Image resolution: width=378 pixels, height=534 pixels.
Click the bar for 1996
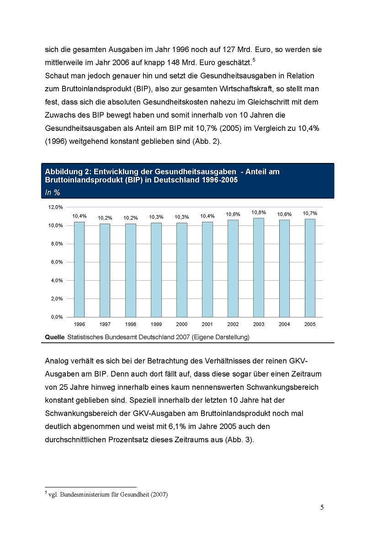click(x=79, y=269)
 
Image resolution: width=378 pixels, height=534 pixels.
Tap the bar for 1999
click(x=156, y=270)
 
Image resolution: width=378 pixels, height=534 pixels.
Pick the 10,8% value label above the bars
click(x=258, y=212)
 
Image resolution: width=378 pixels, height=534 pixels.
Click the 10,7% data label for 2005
click(x=309, y=213)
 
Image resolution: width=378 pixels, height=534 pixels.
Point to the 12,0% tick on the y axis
click(x=56, y=207)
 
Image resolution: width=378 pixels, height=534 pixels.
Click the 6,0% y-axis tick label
click(x=57, y=262)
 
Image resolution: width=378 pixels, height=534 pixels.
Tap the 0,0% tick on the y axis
click(x=57, y=317)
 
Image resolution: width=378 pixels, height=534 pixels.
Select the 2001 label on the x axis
click(x=207, y=324)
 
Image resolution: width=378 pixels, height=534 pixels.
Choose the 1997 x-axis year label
click(x=105, y=324)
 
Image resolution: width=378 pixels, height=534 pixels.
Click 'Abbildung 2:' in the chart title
click(x=66, y=172)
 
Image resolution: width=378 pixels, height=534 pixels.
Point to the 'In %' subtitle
click(x=53, y=193)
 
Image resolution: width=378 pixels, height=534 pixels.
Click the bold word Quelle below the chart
click(x=54, y=337)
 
